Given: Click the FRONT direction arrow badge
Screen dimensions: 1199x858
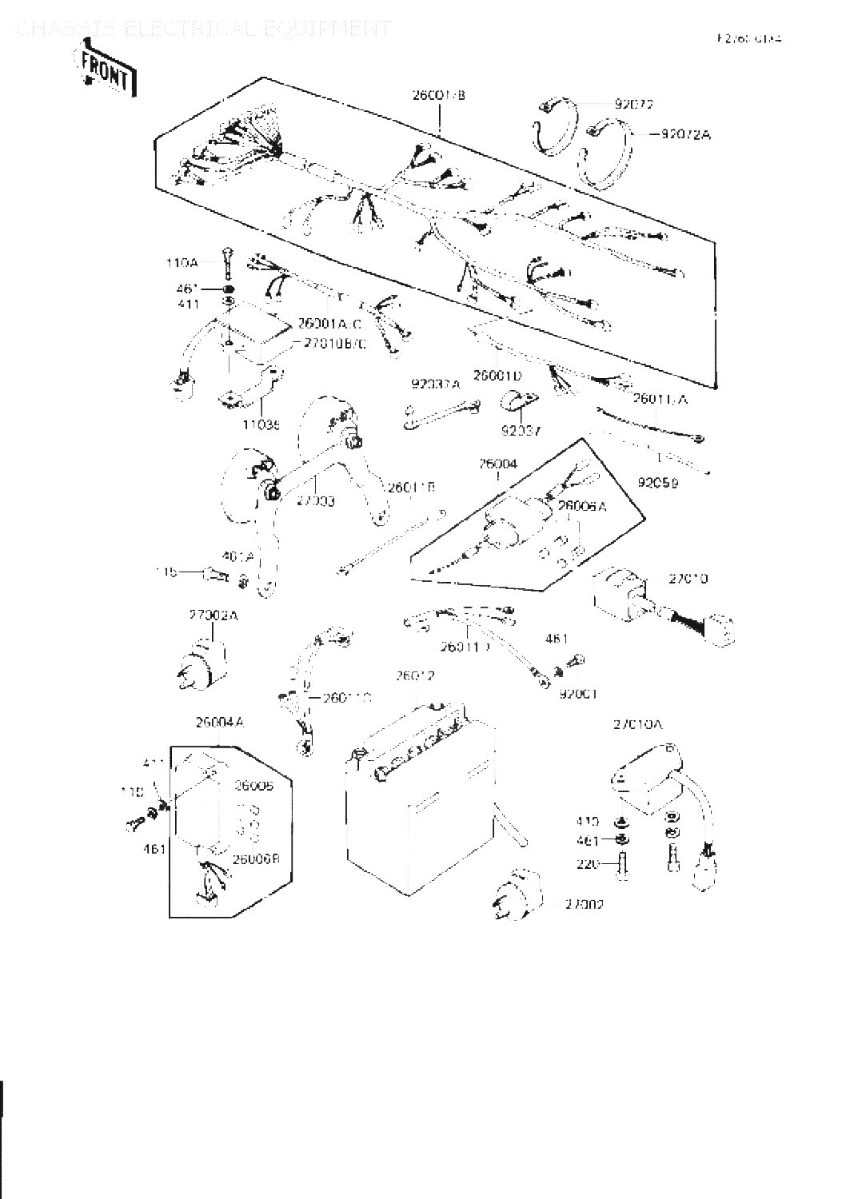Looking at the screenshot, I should (105, 72).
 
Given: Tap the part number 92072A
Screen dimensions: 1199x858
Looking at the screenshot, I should (685, 134).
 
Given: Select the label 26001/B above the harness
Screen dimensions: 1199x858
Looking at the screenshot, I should (438, 95).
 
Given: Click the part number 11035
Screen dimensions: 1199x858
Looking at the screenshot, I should (261, 427).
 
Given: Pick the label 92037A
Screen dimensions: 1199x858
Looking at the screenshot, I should (436, 384).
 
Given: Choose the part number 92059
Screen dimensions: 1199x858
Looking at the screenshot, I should (658, 483).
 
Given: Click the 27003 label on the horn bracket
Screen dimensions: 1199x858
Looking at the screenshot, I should (315, 500).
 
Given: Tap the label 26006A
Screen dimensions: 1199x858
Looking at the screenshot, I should (582, 505).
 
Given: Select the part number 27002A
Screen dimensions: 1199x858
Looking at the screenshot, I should (214, 615).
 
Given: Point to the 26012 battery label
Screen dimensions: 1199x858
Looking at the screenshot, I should (415, 676).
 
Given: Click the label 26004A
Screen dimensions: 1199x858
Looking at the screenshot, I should (219, 723).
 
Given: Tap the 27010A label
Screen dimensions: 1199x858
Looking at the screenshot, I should (638, 724).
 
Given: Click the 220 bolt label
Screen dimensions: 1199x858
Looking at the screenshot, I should (587, 864).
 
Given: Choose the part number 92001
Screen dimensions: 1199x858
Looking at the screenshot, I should (578, 694).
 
